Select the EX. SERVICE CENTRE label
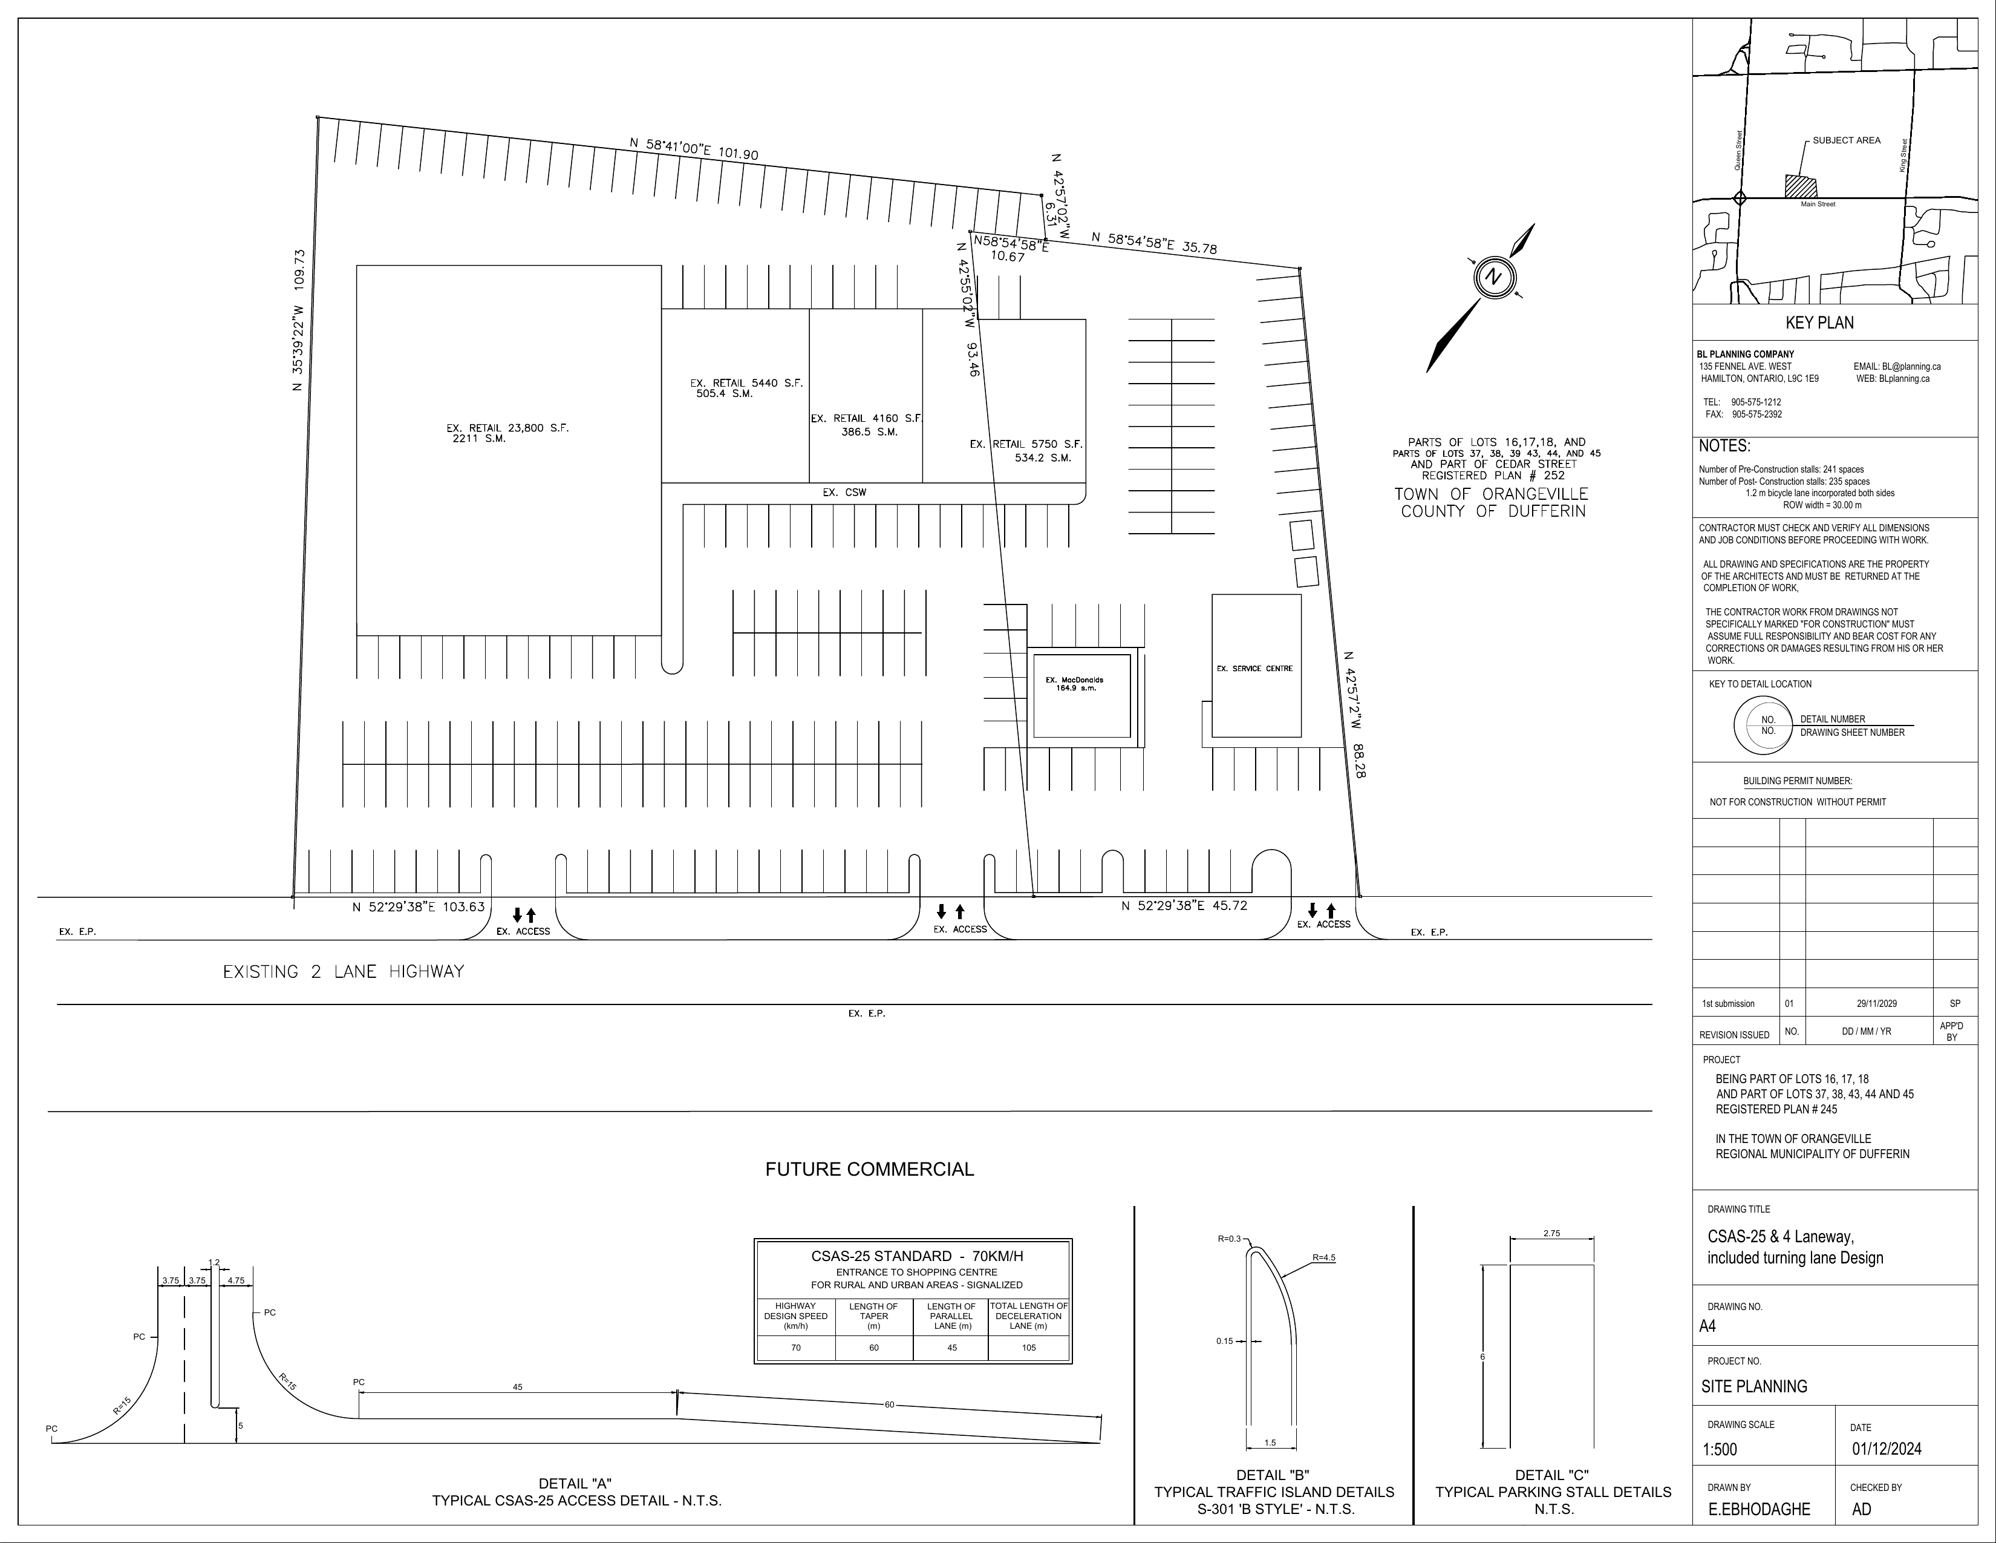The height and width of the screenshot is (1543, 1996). (x=1255, y=668)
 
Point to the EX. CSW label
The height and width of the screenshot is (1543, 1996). (x=844, y=493)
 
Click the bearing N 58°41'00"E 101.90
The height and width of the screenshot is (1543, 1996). (x=694, y=148)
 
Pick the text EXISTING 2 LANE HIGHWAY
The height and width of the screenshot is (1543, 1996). (x=344, y=972)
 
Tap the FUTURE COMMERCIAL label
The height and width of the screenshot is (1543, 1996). (x=869, y=1169)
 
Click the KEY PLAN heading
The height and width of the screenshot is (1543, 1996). (x=1819, y=323)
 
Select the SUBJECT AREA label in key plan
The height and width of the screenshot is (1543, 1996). (x=1846, y=140)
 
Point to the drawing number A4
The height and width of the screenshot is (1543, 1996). (x=1707, y=1326)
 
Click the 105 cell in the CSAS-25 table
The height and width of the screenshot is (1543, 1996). (x=1028, y=1348)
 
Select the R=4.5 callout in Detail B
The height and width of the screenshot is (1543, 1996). (x=1323, y=1258)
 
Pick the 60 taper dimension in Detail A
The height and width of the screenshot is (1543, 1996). (x=889, y=1404)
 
